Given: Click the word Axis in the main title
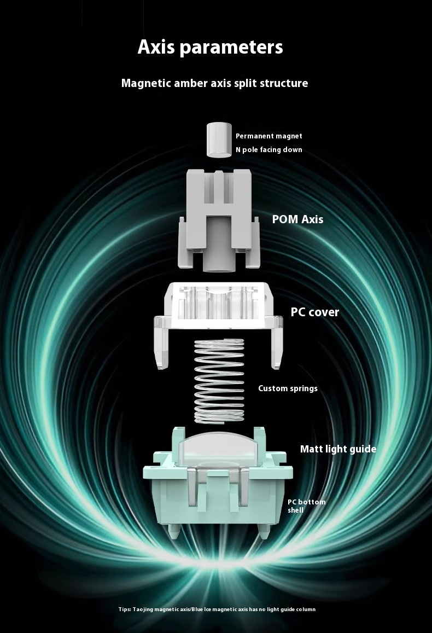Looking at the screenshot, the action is tap(156, 47).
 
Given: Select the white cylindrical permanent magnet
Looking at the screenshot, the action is tap(218, 140).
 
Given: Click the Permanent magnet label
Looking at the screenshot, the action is tap(268, 136).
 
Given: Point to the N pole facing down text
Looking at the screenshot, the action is tap(268, 150).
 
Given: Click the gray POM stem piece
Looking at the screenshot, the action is tap(219, 220).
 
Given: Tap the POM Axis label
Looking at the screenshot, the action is tap(297, 219).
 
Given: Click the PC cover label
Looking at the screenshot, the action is tap(314, 312).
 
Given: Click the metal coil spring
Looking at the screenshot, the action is tap(219, 381).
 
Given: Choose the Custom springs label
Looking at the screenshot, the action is tap(288, 388).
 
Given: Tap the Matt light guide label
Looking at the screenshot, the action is tap(338, 449).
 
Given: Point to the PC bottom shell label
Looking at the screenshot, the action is tap(306, 506).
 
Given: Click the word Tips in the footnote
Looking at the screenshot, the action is tap(125, 609).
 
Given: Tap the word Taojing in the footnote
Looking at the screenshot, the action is tap(143, 609).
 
